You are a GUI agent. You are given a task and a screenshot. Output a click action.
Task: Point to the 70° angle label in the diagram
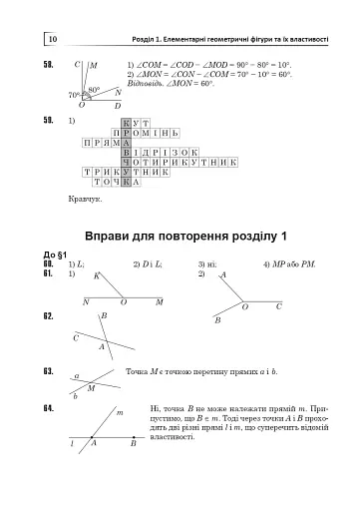coord(73,95)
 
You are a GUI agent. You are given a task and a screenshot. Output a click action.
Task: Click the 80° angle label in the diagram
coord(94,89)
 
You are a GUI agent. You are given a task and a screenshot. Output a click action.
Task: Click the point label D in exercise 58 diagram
coord(117,105)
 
